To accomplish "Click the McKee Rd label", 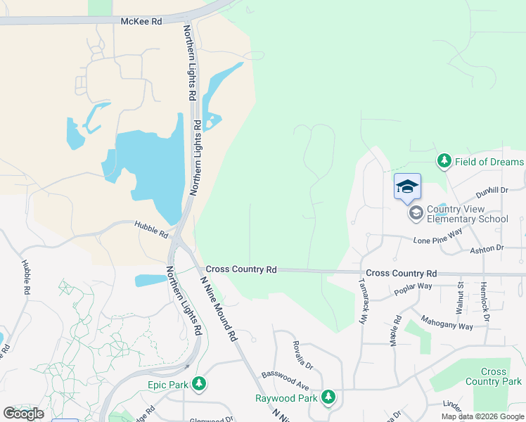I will (x=141, y=22).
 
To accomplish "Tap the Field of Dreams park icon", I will (x=444, y=162).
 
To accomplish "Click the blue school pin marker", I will (x=407, y=187).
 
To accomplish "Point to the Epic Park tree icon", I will (x=200, y=384).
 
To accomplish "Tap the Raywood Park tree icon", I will (x=328, y=397).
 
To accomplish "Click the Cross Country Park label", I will (x=494, y=376).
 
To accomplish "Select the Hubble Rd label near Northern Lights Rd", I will (x=153, y=229).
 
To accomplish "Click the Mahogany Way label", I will (x=447, y=321).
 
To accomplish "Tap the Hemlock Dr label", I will (x=484, y=301).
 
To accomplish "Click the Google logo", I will (x=23, y=413).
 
